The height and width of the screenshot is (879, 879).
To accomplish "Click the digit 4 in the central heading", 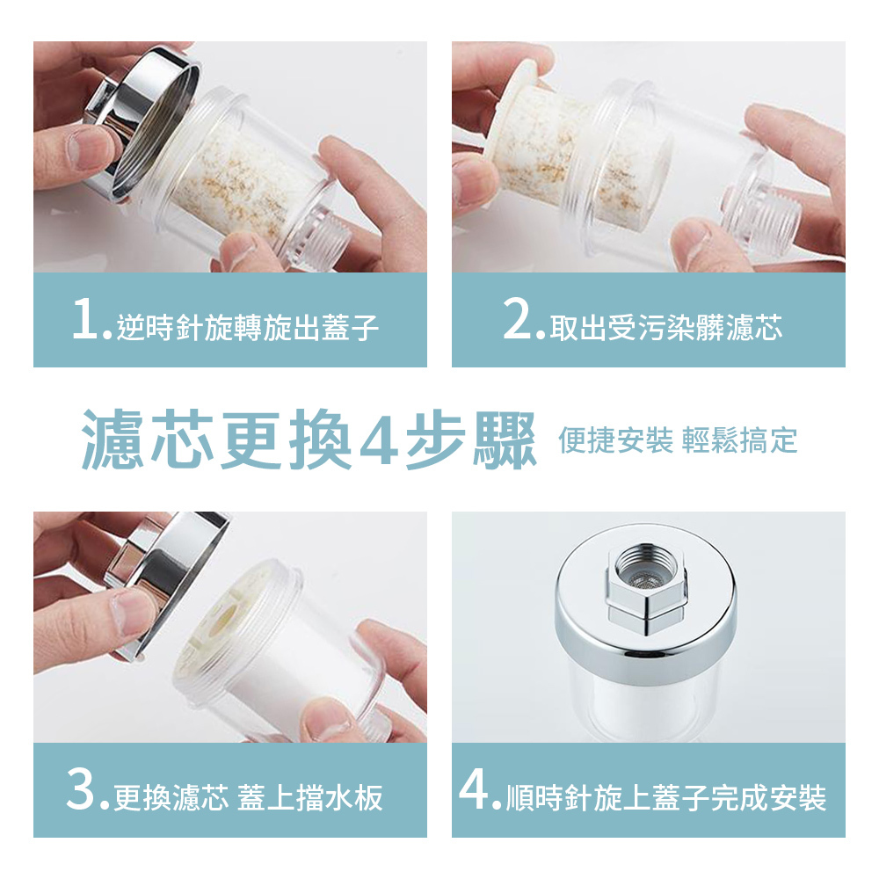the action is pyautogui.click(x=378, y=440).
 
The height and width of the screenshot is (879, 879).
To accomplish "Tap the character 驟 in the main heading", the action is pyautogui.click(x=505, y=440).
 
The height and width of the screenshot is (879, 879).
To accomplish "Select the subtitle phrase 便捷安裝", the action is pyautogui.click(x=615, y=440).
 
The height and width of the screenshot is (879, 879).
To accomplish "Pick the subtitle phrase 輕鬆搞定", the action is pyautogui.click(x=739, y=440).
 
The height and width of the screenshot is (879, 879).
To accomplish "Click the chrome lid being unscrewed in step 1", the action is pyautogui.click(x=143, y=123).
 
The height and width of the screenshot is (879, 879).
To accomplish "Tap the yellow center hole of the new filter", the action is pyautogui.click(x=223, y=619).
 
